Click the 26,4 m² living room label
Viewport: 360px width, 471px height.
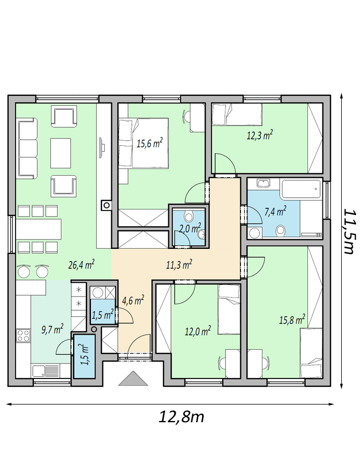(x=81, y=265)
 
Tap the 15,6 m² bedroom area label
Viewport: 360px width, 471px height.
(x=150, y=144)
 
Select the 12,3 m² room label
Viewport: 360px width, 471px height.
(x=260, y=135)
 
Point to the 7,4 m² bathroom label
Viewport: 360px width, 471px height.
(x=275, y=211)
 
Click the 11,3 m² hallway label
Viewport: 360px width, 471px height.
(x=179, y=264)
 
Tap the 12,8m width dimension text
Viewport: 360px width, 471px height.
(x=181, y=417)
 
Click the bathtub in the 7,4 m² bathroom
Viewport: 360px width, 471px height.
(x=301, y=188)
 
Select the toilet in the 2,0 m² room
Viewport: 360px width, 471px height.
(x=188, y=216)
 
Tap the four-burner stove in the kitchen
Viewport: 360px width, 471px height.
(x=24, y=335)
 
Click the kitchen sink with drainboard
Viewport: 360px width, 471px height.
(x=45, y=370)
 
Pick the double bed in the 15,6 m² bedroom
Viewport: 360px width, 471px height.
(x=143, y=143)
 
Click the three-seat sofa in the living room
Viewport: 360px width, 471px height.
(x=27, y=149)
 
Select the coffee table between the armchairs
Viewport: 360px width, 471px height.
(x=61, y=153)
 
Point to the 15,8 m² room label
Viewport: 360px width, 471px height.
(x=292, y=319)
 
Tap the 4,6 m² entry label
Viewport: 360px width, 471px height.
(x=133, y=300)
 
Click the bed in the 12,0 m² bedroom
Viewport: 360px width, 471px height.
(x=229, y=309)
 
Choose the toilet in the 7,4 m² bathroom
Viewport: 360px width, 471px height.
(x=281, y=230)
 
